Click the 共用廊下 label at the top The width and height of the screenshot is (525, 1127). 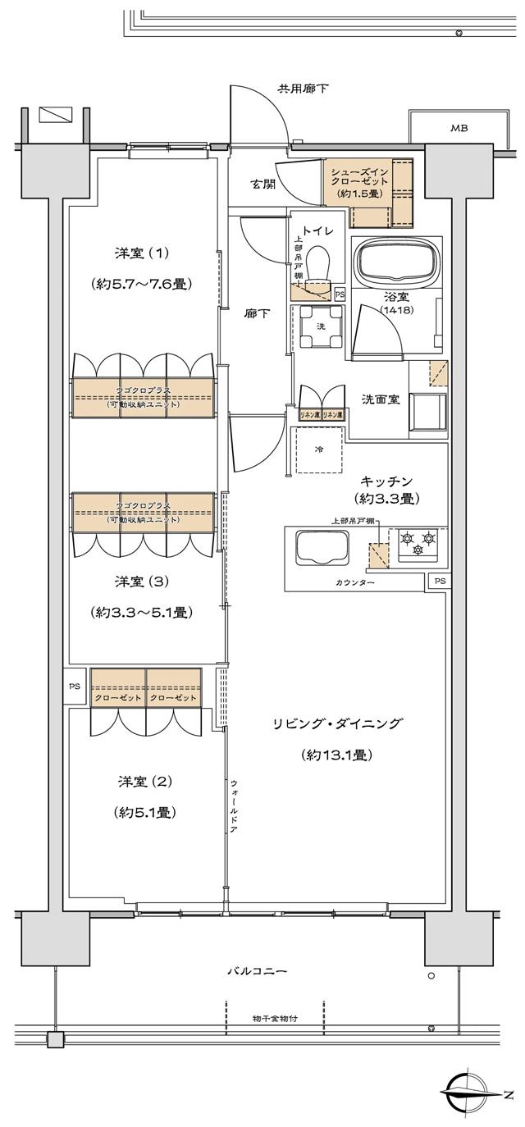303,88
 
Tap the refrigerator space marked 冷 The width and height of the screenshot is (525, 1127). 318,449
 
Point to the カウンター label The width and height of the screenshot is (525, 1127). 354,582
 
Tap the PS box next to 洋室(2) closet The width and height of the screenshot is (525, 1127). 75,686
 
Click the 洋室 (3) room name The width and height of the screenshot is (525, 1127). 141,582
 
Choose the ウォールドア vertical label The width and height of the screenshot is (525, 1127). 235,805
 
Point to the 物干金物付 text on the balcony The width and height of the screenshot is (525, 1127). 275,1018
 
